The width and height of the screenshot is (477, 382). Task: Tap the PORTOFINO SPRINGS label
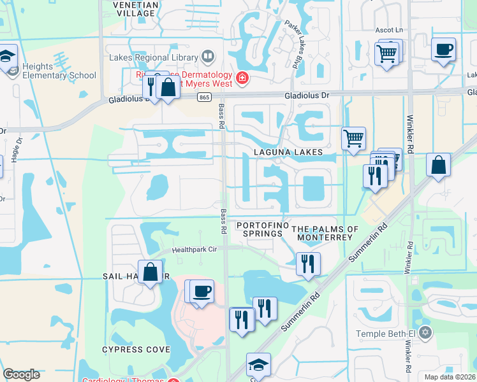click(260, 230)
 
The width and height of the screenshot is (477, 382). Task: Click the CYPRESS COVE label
click(136, 350)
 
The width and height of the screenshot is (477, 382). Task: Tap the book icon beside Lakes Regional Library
click(208, 57)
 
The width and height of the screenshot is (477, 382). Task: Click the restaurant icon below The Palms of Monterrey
click(308, 262)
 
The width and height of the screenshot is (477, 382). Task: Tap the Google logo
click(22, 374)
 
